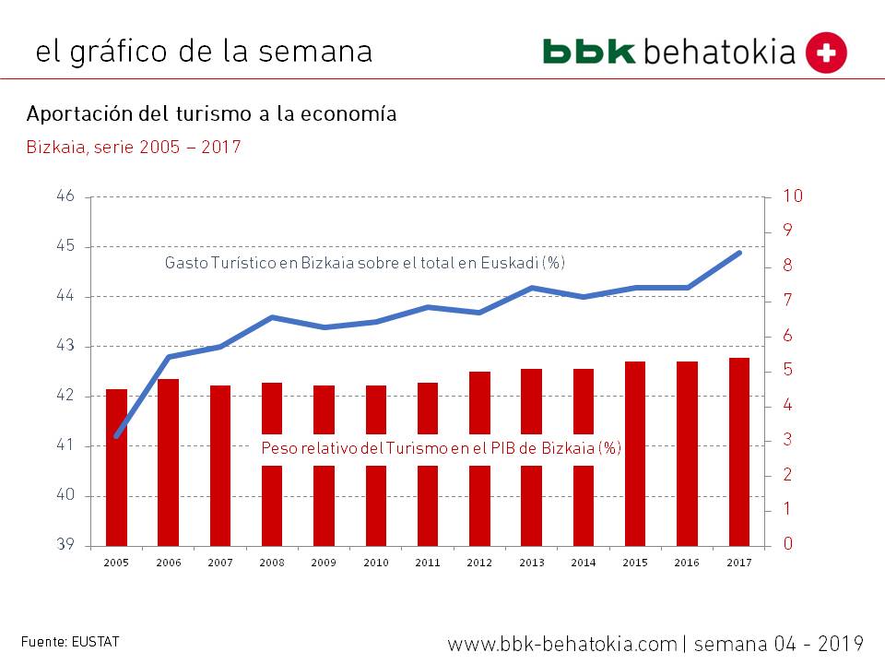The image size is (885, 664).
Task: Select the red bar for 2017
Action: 739,451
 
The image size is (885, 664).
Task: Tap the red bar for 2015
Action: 635,453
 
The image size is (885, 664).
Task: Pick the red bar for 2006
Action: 168,461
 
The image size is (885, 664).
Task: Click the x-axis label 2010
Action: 375,562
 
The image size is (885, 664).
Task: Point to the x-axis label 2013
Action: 531,562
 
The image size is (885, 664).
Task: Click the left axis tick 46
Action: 65,196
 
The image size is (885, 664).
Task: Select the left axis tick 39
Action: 65,545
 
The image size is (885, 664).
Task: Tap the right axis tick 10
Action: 793,196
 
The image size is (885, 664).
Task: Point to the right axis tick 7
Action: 787,301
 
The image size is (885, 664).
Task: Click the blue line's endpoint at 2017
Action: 739,252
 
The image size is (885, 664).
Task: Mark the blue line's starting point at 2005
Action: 116,435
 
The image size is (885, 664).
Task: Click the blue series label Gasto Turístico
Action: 364,263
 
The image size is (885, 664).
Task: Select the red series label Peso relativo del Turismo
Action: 442,448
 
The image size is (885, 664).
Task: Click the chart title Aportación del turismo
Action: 212,114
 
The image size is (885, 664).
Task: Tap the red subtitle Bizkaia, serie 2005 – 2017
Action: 134,147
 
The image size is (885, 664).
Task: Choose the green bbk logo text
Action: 589,52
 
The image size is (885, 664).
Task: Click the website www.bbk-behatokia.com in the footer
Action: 562,643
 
